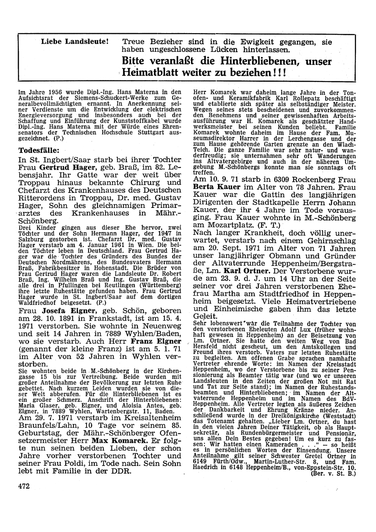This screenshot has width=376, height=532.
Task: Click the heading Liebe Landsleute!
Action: (75, 42)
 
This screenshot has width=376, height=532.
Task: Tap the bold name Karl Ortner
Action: (241, 271)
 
